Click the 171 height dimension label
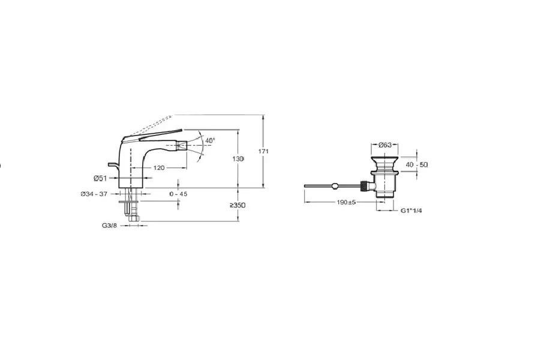pyautogui.click(x=263, y=151)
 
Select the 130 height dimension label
pyautogui.click(x=238, y=159)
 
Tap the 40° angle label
pyautogui.click(x=210, y=140)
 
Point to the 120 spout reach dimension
pyautogui.click(x=159, y=168)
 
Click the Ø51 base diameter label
pyautogui.click(x=100, y=178)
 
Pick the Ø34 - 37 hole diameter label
pyautogui.click(x=94, y=194)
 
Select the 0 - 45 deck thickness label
pyautogui.click(x=178, y=194)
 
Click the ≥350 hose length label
pyautogui.click(x=238, y=206)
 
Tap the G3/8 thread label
pyautogui.click(x=109, y=226)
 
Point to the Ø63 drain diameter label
pyautogui.click(x=385, y=145)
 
